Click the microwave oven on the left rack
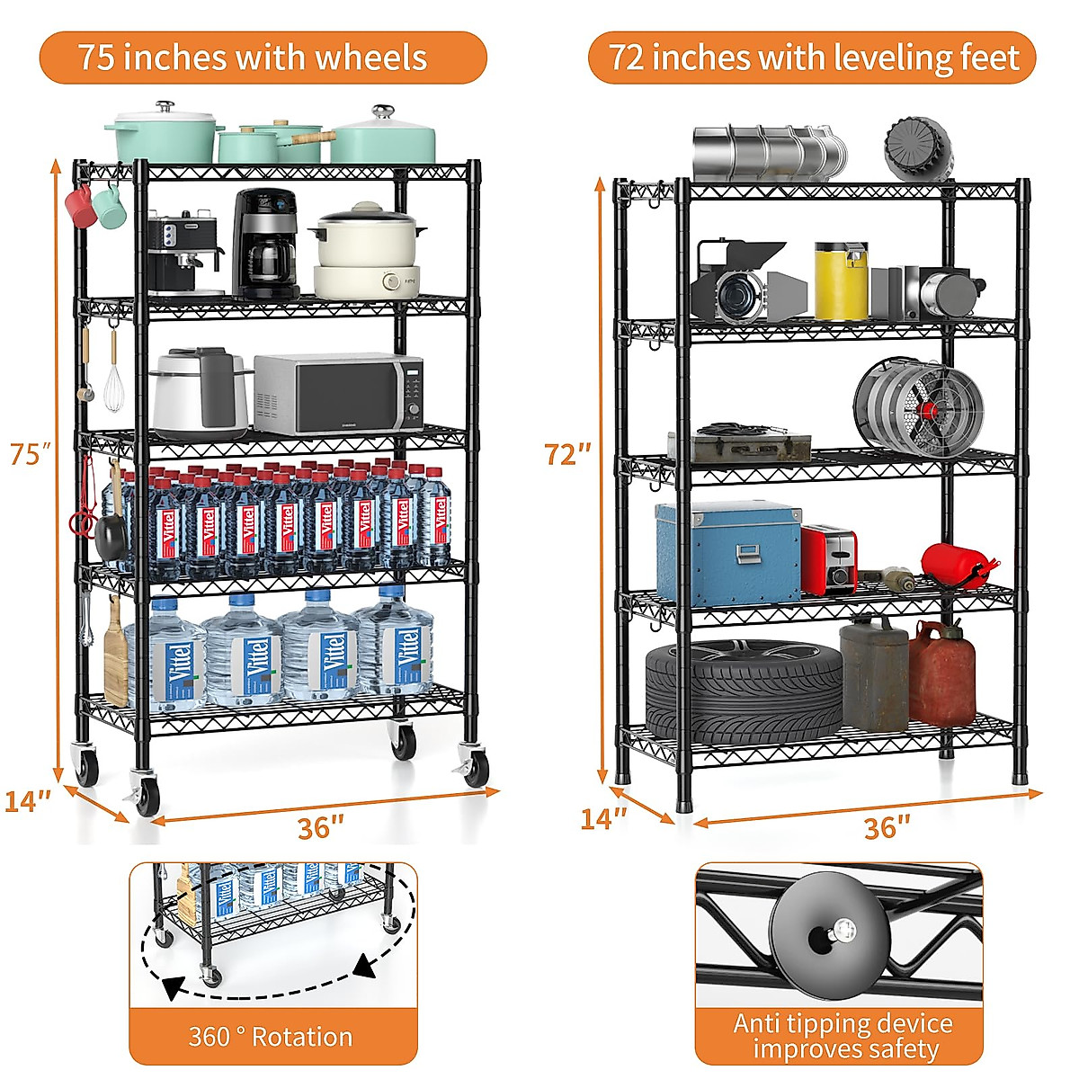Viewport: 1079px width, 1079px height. point(338,394)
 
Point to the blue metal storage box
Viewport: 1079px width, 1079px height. point(727,551)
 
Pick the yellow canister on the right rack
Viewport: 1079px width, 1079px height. point(841,281)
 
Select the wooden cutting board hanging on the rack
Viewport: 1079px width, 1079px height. point(115,652)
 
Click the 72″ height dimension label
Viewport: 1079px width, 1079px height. point(567,454)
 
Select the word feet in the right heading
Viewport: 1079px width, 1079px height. point(989,58)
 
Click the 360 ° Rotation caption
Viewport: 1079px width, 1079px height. point(271,1037)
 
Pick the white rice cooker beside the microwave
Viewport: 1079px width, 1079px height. point(200,391)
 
